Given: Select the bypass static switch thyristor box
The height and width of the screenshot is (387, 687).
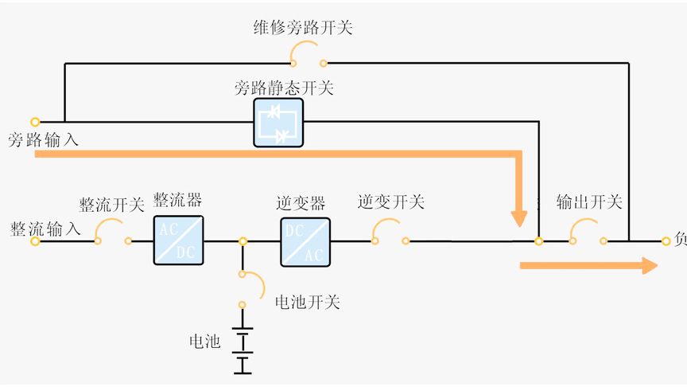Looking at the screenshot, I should [x=278, y=123].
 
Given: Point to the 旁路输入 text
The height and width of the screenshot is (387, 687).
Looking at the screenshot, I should [x=44, y=140].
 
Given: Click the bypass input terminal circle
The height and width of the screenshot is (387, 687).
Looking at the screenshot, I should [x=35, y=122].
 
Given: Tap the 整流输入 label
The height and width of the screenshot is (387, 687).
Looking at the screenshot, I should [x=45, y=229].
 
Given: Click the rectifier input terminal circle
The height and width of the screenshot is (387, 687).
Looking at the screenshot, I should [x=35, y=240].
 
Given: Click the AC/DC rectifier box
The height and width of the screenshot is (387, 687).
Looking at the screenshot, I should [x=178, y=240].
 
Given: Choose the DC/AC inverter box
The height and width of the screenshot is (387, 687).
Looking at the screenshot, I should [x=305, y=240].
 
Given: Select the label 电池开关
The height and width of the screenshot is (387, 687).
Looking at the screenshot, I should [x=307, y=303].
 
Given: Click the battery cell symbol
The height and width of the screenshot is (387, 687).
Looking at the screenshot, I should [x=243, y=350].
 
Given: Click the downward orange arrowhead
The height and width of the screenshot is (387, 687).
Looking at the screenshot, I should [x=519, y=217].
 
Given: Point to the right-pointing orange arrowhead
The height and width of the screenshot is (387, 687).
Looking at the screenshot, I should [x=648, y=265].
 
